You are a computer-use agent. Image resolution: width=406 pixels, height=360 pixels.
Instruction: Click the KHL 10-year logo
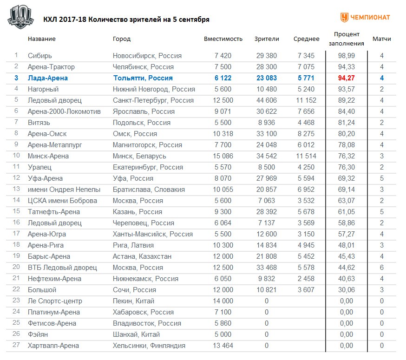coord(20,17)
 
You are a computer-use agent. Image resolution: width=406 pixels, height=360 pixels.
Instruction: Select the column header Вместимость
coord(223,39)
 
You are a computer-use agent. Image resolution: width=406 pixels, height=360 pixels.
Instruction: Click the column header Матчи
coord(381,39)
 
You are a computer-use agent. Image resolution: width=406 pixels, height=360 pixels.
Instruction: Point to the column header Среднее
coord(306,39)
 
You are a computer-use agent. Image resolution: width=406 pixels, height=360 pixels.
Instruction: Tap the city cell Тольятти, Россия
coord(143,78)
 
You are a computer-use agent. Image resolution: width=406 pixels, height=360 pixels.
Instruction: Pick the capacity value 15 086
coord(223,156)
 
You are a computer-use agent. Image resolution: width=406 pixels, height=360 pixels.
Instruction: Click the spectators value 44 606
coord(267,100)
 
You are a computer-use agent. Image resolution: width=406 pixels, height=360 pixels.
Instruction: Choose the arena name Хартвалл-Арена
coord(53,346)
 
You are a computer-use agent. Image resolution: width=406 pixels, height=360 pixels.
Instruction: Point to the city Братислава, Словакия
coord(149,190)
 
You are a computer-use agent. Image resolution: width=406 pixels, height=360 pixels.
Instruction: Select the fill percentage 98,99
coord(347,56)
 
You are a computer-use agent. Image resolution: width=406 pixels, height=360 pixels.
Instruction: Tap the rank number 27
coord(16,346)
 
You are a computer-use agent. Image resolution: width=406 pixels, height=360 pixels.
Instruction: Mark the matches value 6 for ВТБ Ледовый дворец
coord(381,268)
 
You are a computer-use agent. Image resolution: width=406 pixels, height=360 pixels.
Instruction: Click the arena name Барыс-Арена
coord(49,256)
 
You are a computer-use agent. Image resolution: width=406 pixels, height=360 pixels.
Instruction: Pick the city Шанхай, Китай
coord(136,334)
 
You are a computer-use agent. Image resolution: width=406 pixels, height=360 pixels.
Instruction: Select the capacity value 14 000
coord(223,301)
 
